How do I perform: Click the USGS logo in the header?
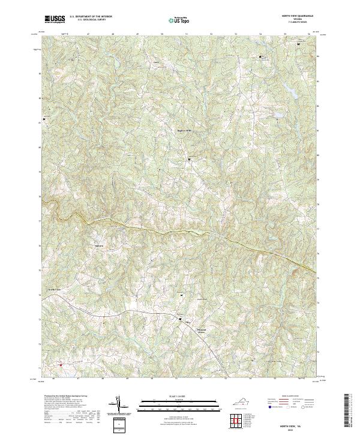(55, 19)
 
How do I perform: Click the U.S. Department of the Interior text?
(90, 17)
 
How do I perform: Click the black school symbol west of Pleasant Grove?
(181, 320)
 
